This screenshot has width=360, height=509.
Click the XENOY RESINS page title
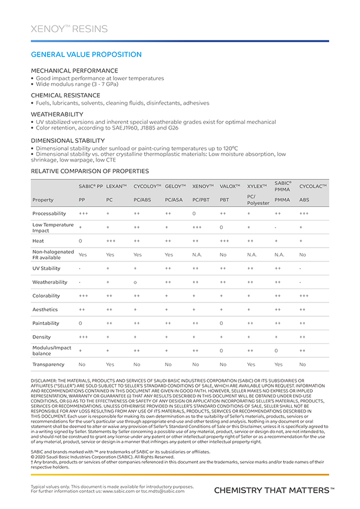point(69,29)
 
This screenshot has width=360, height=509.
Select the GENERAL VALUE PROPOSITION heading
point(86,55)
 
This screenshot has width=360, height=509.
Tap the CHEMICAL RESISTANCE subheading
point(65,95)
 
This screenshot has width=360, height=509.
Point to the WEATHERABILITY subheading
point(57,114)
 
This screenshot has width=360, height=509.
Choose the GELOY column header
point(176,186)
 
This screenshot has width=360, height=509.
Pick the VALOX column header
point(229,186)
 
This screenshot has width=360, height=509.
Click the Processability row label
point(49,213)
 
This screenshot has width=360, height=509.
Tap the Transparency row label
point(48,364)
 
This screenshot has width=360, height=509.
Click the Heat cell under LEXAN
point(111,241)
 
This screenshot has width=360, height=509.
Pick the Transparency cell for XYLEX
point(251,364)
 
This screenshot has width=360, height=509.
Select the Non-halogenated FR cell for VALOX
point(223,255)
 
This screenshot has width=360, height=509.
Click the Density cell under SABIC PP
point(83,337)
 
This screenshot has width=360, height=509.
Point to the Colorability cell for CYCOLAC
point(304,296)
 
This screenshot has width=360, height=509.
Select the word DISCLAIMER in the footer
point(48,381)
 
